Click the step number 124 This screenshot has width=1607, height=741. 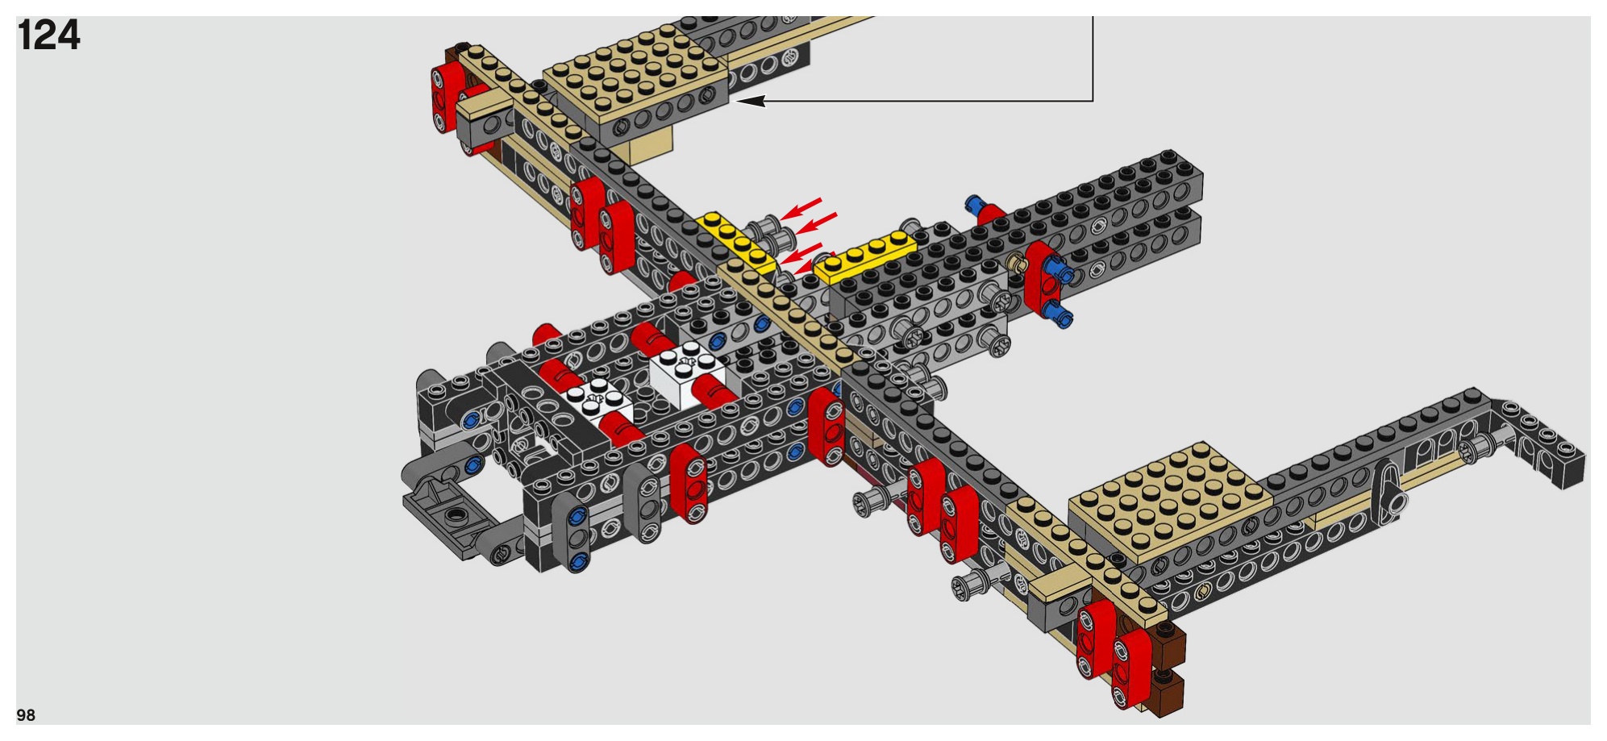click(48, 35)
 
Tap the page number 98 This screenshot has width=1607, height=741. click(26, 715)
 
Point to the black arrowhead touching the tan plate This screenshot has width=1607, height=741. click(748, 101)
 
